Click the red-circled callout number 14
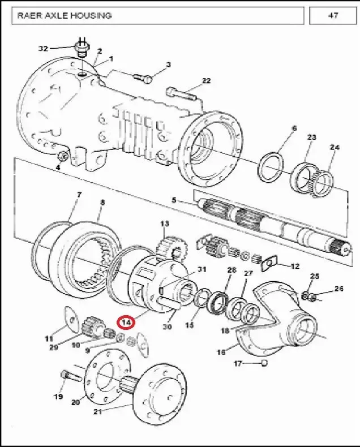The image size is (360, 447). (x=127, y=323)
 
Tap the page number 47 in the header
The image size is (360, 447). (x=333, y=15)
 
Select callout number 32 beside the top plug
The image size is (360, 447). (x=43, y=49)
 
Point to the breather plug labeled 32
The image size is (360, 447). (x=81, y=48)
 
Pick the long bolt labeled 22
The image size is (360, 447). (x=182, y=95)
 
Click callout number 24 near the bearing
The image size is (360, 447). (x=335, y=147)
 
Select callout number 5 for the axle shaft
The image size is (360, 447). (x=174, y=200)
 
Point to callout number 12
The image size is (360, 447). (x=294, y=267)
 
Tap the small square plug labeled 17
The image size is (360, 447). (x=265, y=363)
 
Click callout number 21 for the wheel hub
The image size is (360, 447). (x=98, y=412)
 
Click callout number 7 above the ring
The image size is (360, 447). (x=79, y=195)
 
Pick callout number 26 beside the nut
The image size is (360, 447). (x=338, y=289)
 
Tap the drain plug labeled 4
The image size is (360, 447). (x=63, y=156)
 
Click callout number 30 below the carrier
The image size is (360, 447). (x=167, y=326)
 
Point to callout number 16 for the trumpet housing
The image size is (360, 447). (x=221, y=352)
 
